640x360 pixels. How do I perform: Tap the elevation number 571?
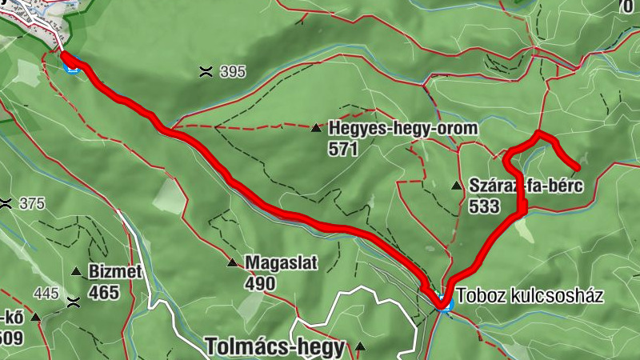(x=343, y=148)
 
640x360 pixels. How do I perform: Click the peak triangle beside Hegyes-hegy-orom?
(x=317, y=127)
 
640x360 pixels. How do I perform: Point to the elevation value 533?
(x=486, y=206)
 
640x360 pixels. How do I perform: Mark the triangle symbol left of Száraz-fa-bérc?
(x=457, y=186)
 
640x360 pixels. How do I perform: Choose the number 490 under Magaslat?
(x=261, y=283)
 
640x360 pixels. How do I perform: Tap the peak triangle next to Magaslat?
(x=232, y=262)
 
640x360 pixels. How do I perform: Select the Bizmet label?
(x=117, y=272)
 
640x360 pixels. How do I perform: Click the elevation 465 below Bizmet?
(x=104, y=293)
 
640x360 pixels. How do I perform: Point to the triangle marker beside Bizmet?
(x=77, y=272)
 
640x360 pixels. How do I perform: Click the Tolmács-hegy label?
(x=275, y=347)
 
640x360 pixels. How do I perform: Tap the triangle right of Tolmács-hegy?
(x=361, y=347)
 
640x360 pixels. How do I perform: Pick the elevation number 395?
(x=232, y=72)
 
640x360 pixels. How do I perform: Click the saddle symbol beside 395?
(x=206, y=72)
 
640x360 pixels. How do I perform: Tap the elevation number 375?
(x=32, y=204)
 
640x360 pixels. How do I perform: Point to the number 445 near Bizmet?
(x=47, y=294)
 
